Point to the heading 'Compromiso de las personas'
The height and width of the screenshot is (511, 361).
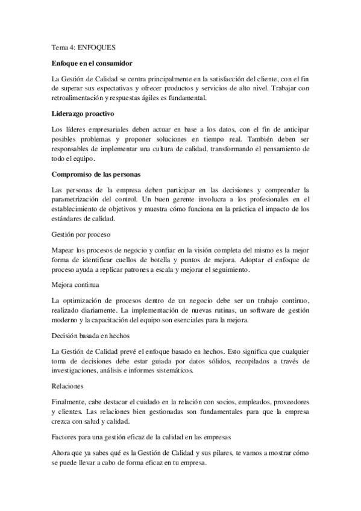(x=96, y=174)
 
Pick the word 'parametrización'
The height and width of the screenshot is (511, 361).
(x=81, y=199)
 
